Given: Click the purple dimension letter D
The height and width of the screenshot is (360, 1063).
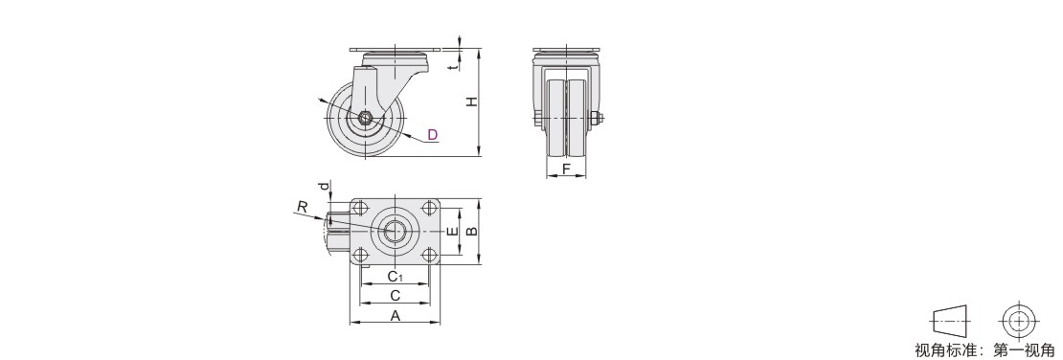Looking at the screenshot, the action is click(433, 134).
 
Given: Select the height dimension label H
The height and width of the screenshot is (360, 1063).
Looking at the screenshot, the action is click(471, 101).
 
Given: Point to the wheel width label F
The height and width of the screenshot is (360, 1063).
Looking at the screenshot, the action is click(566, 169).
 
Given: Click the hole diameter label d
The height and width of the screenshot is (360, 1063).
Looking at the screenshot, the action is click(325, 185).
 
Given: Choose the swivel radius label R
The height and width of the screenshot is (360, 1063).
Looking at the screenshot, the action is click(303, 208).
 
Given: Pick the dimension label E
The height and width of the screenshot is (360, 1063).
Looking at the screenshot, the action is click(452, 231).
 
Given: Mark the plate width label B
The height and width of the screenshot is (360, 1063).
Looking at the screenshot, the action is click(472, 231).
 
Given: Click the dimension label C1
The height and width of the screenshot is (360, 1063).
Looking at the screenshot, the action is click(396, 277).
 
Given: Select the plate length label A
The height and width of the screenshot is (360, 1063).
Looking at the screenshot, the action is click(396, 315).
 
